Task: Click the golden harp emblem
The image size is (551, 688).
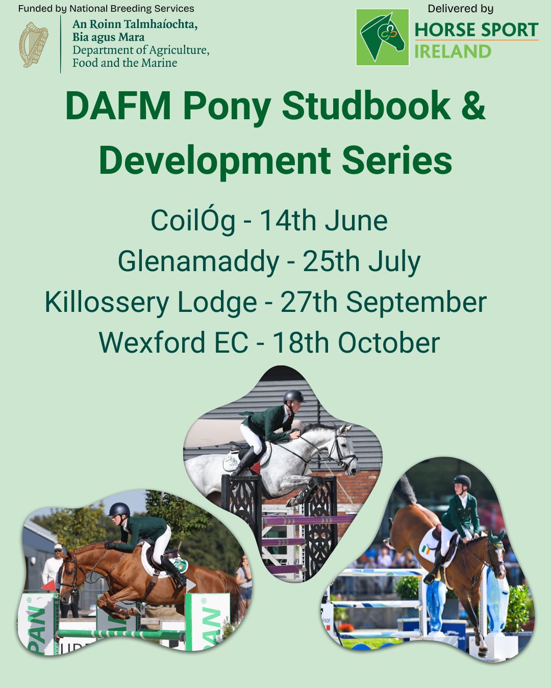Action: pos(34,44)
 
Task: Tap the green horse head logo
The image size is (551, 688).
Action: pos(382,37)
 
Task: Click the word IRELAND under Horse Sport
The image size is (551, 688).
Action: pos(453,51)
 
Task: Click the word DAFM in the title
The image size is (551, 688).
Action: pos(118,106)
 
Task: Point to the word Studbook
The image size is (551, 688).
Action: pos(366,105)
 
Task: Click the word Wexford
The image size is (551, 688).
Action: pos(152,342)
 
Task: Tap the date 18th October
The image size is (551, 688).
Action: pos(356,342)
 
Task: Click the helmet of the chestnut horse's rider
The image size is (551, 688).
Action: pos(119,509)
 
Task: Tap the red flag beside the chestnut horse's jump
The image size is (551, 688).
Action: pos(48,586)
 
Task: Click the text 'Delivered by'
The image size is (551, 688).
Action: pos(460,9)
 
